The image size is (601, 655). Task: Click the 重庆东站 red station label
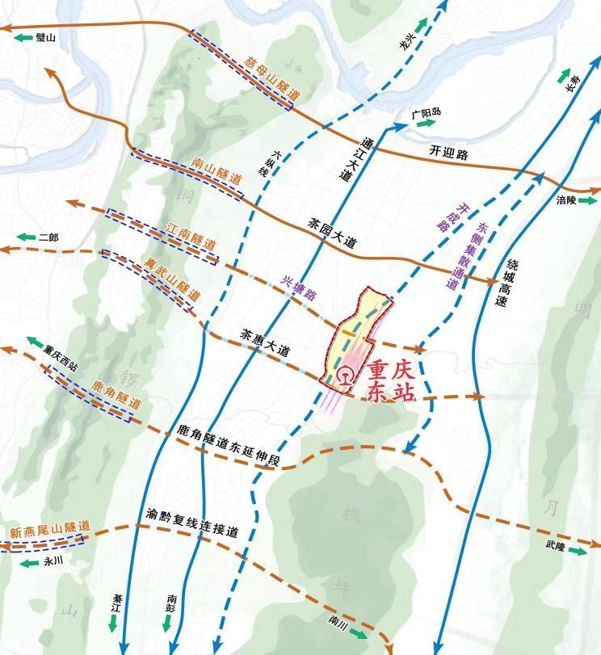[391, 381]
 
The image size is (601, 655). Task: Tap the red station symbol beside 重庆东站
[345, 377]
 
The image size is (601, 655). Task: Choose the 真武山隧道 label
[172, 280]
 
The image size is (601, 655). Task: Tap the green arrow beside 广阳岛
[426, 124]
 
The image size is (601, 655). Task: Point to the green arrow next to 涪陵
[588, 199]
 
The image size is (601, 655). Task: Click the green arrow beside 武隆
[578, 550]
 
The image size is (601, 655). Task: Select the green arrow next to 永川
[28, 563]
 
